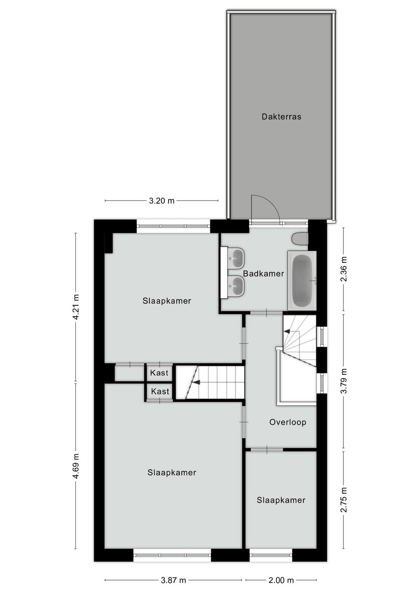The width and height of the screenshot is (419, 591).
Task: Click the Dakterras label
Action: pos(281,117)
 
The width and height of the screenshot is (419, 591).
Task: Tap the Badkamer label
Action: pos(263,273)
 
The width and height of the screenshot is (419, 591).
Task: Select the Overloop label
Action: pos(288,422)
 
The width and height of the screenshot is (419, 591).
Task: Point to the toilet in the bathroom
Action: pos(300,239)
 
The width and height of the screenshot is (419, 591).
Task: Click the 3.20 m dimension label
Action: pos(162,201)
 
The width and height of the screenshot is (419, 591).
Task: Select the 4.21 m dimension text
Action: pos(76,307)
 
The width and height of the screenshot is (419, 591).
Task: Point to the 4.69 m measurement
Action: pos(76,466)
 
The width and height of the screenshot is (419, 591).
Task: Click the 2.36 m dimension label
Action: pos(343,269)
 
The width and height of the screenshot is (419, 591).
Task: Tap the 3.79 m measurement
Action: pos(343,381)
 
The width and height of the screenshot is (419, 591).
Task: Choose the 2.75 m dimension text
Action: pos(343,500)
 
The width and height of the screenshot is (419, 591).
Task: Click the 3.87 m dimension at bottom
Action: pos(173,580)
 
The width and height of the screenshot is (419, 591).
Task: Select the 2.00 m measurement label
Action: pos(281,580)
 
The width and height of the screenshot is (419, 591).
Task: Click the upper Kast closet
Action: pos(159,373)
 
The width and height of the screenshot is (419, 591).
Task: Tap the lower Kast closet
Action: pos(160,392)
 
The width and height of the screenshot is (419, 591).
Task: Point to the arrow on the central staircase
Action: pos(196,382)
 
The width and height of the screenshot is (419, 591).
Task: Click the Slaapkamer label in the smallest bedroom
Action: pos(281,500)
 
